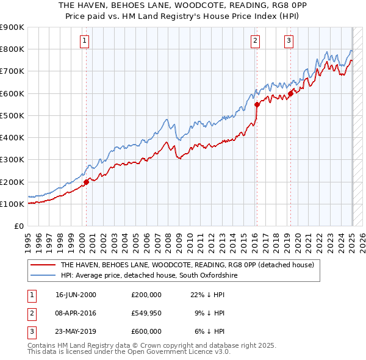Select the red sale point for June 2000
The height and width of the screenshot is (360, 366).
87,181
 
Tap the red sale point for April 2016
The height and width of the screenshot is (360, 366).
257,104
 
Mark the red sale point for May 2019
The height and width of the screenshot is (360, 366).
291,93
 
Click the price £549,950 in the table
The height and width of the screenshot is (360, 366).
146,313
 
